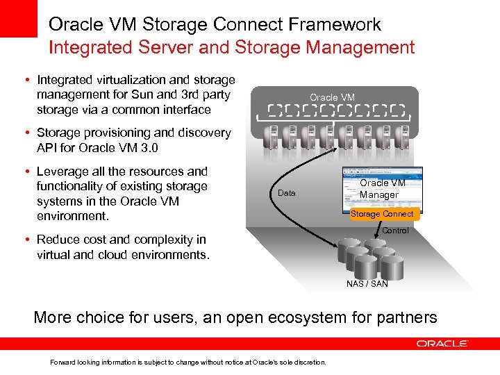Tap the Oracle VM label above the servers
pyautogui.click(x=332, y=98)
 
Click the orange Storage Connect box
pyautogui.click(x=382, y=214)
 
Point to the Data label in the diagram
pyautogui.click(x=286, y=193)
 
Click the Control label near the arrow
pyautogui.click(x=395, y=231)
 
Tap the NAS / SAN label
pyautogui.click(x=367, y=284)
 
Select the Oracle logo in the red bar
pyautogui.click(x=442, y=343)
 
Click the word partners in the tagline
pyautogui.click(x=406, y=318)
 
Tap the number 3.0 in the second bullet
pyautogui.click(x=149, y=147)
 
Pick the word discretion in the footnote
pyautogui.click(x=310, y=362)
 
